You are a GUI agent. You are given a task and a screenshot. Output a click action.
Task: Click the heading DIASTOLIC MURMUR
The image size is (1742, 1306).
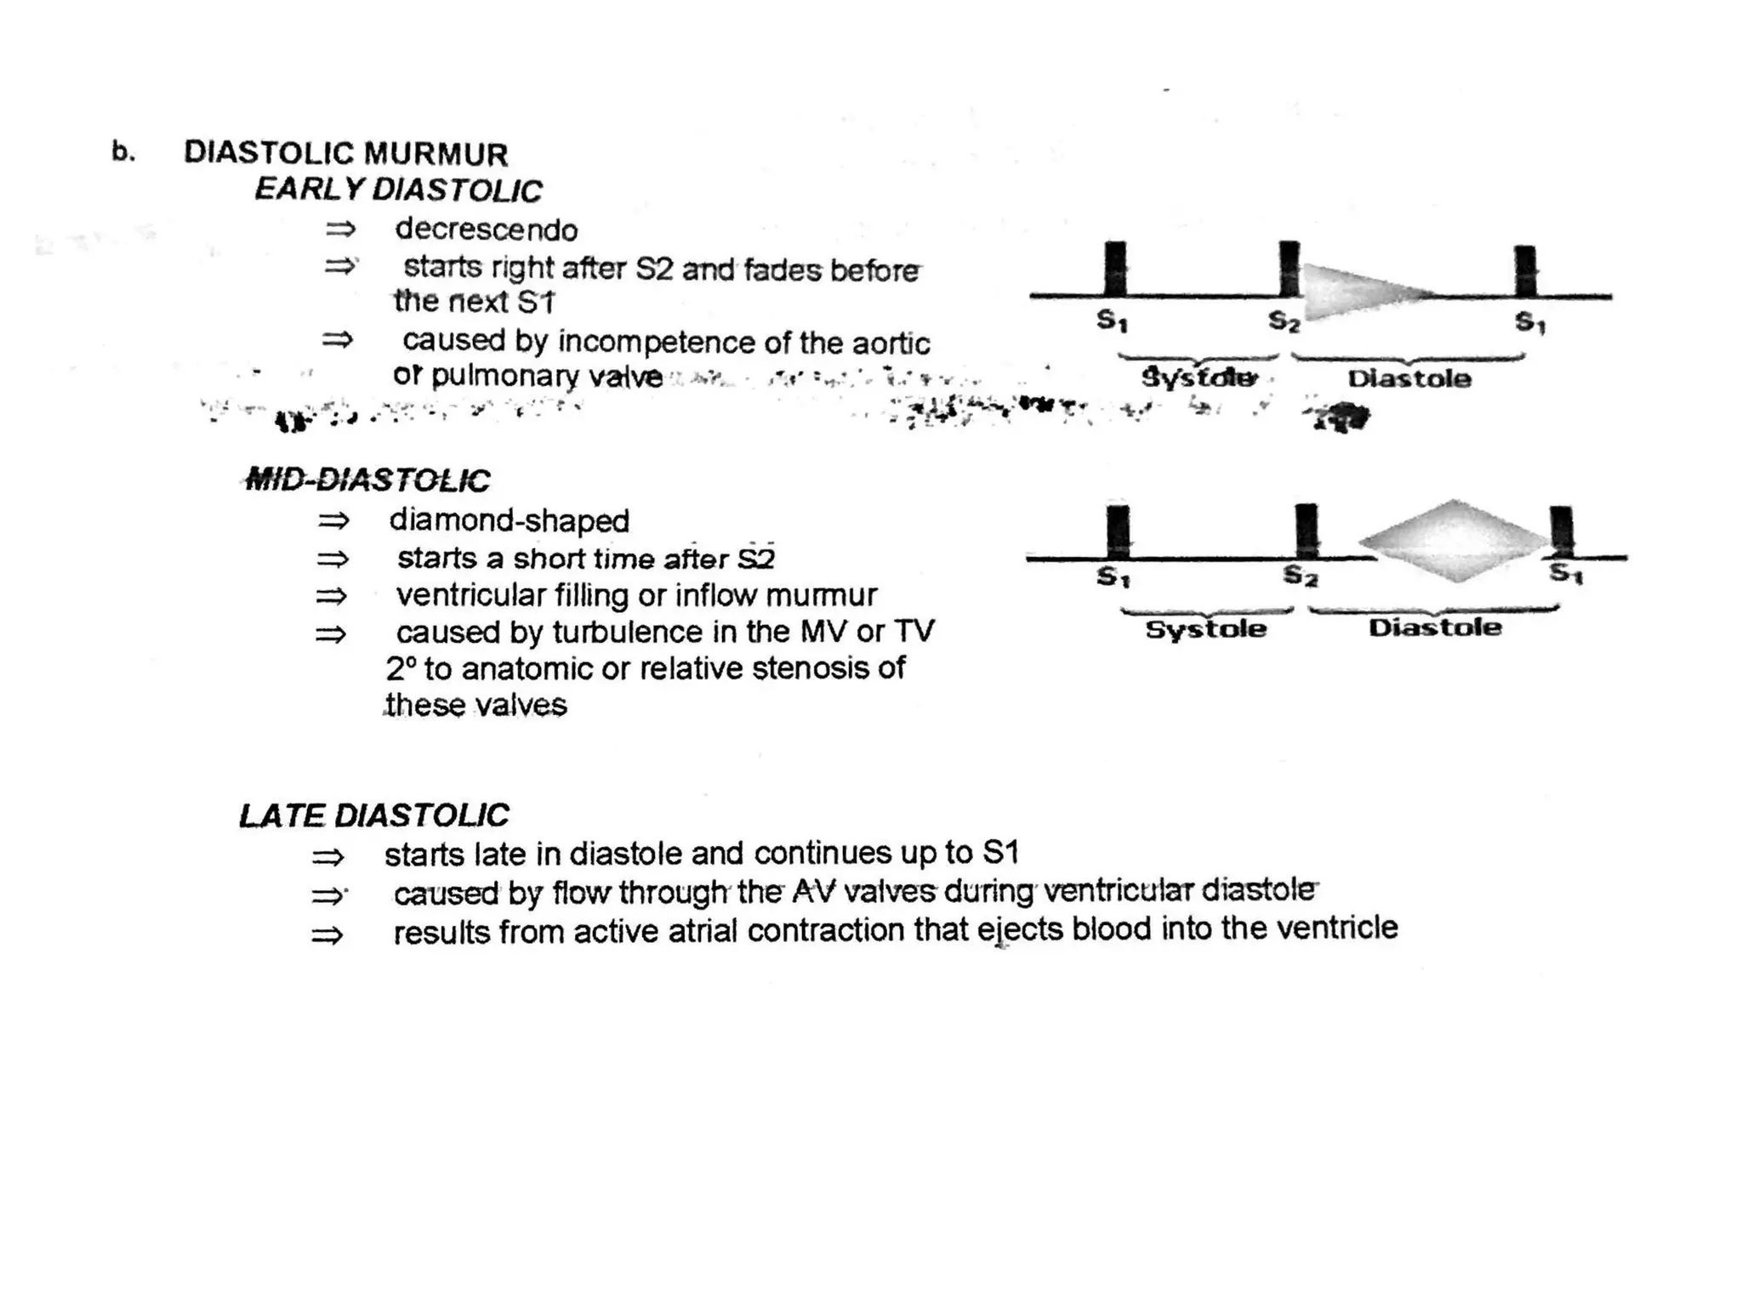click(x=345, y=154)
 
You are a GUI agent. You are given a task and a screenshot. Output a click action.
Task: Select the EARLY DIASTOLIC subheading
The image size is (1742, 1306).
click(x=398, y=190)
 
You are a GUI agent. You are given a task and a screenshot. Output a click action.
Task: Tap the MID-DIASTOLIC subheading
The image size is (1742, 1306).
click(x=367, y=480)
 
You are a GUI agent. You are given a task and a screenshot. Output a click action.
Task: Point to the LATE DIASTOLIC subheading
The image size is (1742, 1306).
click(x=373, y=815)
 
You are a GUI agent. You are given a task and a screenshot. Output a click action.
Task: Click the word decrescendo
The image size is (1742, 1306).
click(x=486, y=230)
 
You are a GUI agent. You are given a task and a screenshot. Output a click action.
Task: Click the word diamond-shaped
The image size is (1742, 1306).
click(x=509, y=520)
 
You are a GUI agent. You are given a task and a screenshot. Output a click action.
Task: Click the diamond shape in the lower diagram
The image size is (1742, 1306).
click(x=1455, y=541)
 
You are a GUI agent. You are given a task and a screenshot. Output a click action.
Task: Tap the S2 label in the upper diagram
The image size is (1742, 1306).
click(x=1284, y=321)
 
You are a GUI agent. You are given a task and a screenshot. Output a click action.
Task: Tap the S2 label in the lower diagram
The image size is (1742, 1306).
click(x=1300, y=576)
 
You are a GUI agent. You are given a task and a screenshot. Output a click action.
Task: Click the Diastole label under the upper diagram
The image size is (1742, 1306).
click(x=1409, y=378)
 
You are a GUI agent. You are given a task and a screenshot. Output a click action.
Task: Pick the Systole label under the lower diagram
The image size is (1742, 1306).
click(x=1206, y=629)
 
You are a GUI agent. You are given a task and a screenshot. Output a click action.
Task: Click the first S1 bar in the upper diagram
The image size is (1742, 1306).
click(x=1115, y=269)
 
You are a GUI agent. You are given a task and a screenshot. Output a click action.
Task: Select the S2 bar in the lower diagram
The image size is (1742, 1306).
click(x=1306, y=531)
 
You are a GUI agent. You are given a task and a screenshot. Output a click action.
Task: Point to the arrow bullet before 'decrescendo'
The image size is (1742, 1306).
click(x=340, y=230)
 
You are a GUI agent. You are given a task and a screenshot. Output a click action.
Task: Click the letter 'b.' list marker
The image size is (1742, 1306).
click(x=123, y=152)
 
